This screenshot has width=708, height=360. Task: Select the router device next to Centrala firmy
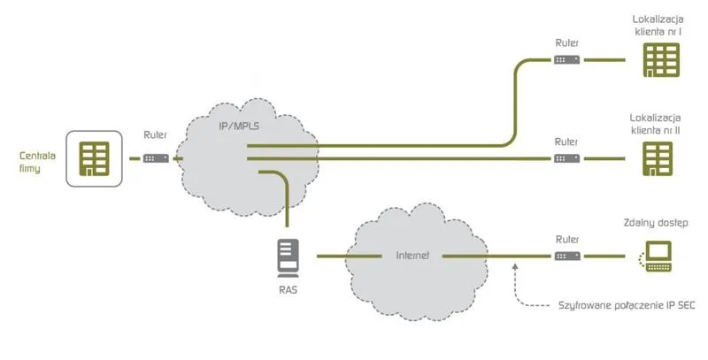click(x=156, y=158)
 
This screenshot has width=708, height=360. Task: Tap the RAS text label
click(x=288, y=287)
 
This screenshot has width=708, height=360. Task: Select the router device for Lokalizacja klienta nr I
click(x=567, y=60)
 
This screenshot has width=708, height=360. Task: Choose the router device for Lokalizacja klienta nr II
click(x=567, y=158)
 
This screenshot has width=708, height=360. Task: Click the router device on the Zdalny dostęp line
click(x=567, y=256)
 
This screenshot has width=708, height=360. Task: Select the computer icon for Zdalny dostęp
click(x=656, y=256)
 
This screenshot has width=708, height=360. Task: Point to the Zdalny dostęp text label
click(x=656, y=223)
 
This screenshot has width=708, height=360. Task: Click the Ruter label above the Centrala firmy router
click(x=155, y=136)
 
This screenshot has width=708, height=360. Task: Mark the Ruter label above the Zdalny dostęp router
click(x=567, y=238)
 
